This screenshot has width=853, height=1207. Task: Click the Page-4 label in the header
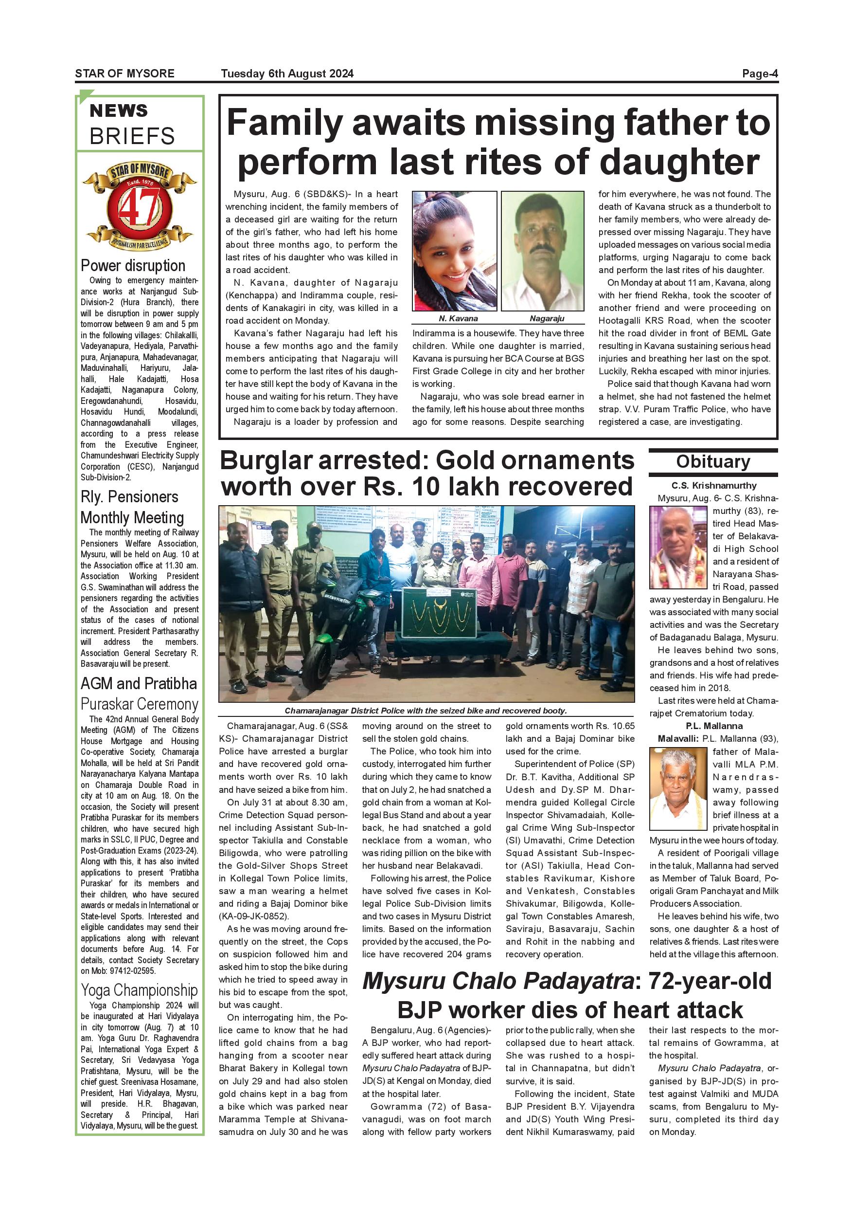coord(760,73)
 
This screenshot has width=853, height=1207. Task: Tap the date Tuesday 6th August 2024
coord(287,73)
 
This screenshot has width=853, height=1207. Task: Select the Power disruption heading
coord(133,265)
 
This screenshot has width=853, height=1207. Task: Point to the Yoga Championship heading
coord(139,990)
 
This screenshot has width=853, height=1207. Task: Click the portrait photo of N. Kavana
coord(454,251)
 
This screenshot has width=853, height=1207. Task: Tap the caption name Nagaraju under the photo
coord(547,318)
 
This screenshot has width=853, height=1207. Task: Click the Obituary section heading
coord(713,461)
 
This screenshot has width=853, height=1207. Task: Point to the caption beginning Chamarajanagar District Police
coord(426,711)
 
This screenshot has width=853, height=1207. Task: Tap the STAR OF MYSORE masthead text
coord(124,73)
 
